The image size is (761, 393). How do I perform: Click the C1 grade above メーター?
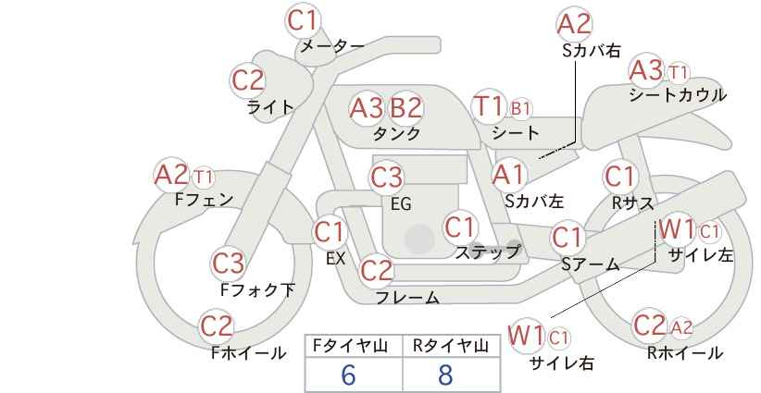tap(302, 20)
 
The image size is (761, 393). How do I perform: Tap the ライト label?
tap(270, 107)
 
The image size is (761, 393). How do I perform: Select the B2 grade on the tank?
tap(405, 107)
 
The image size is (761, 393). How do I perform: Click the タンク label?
tap(396, 133)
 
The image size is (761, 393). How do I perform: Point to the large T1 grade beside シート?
tap(489, 106)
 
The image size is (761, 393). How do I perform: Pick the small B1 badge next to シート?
tap(520, 109)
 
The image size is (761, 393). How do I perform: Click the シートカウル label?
tap(678, 95)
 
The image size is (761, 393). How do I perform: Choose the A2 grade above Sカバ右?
tap(574, 24)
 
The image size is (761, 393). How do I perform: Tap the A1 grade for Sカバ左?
tap(508, 175)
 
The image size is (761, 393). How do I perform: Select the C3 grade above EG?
tap(386, 178)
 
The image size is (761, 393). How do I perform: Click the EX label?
tap(335, 259)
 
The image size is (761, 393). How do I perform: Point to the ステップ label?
tap(488, 252)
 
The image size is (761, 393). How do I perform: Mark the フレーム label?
tap(407, 297)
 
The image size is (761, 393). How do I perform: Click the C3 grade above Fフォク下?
tap(228, 264)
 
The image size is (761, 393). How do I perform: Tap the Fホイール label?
tap(248, 353)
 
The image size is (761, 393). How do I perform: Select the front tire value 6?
tap(348, 375)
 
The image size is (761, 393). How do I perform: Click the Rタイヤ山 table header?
tap(451, 346)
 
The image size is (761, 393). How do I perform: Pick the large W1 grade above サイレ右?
tap(526, 336)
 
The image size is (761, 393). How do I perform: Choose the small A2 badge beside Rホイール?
tap(681, 328)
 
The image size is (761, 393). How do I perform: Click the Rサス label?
tap(632, 203)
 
